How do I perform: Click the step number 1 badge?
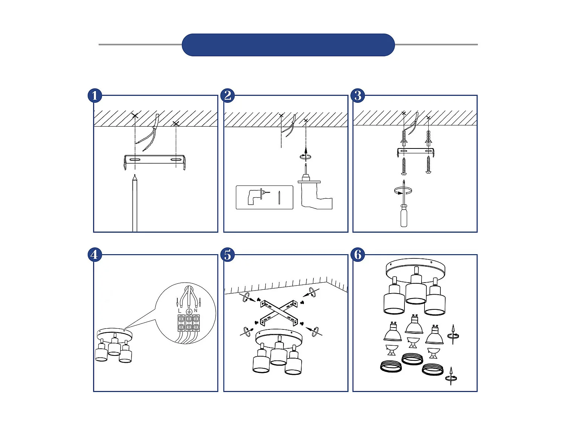[94, 96]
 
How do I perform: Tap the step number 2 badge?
[228, 96]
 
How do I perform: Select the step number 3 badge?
[358, 96]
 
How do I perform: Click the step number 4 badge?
[94, 255]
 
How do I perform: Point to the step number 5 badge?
[228, 255]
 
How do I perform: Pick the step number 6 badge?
[358, 255]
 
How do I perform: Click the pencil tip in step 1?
[135, 177]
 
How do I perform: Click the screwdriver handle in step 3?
[404, 217]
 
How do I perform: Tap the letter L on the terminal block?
[180, 311]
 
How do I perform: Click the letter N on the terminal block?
[195, 311]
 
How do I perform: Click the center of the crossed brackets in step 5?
[279, 312]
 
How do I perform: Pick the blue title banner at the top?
[288, 45]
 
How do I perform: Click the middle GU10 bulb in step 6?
[414, 326]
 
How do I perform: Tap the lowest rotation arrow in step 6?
[451, 376]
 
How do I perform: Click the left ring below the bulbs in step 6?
[391, 366]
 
